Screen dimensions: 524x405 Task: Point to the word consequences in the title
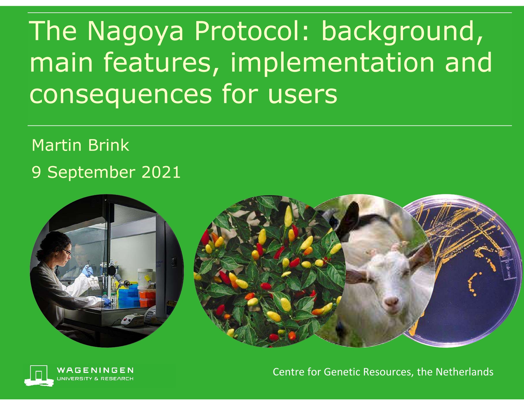[x=120, y=94]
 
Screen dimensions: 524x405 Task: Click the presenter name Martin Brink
[x=80, y=145]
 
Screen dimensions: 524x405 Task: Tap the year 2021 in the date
[x=161, y=172]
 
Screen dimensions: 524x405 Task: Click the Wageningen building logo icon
[x=39, y=375]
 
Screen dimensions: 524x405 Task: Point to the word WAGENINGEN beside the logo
[x=95, y=370]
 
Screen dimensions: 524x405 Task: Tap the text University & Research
[x=95, y=379]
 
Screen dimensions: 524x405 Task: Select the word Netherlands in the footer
[x=464, y=372]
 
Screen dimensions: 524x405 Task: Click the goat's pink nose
[x=391, y=301]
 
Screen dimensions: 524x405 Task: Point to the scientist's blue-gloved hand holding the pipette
[x=86, y=271]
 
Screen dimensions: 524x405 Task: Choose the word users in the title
[x=302, y=94]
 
